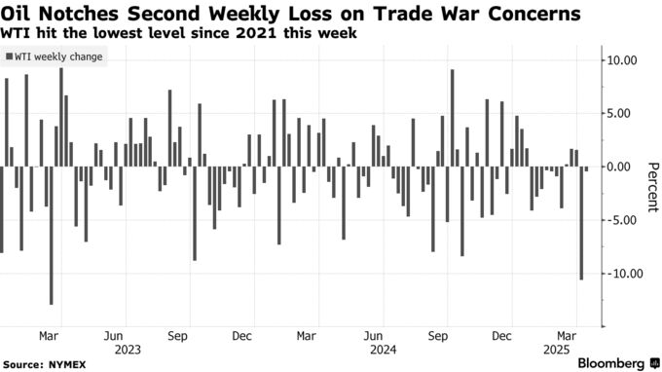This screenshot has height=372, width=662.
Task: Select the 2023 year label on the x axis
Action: coord(129,348)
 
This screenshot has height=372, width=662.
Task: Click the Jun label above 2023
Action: coord(114,333)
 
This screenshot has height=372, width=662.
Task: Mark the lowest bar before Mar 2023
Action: coord(52,235)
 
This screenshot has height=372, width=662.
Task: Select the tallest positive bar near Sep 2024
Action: coord(453,118)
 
